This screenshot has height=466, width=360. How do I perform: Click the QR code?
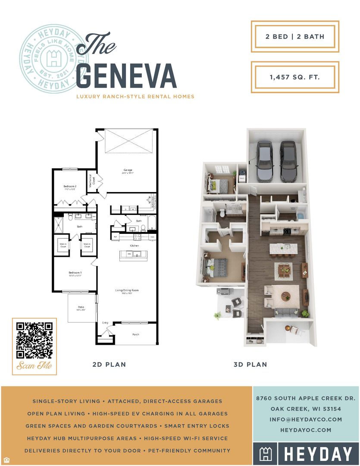click(x=34, y=340)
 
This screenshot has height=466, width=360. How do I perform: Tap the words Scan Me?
click(x=34, y=366)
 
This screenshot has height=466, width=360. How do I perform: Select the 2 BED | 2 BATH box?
click(x=295, y=37)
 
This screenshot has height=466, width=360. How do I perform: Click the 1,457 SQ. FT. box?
click(x=295, y=77)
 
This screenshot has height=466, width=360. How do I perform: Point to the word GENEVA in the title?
click(x=126, y=76)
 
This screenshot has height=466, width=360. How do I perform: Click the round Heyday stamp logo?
click(x=52, y=58)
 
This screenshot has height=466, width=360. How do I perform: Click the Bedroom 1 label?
click(x=75, y=273)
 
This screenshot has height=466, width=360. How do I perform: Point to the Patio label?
click(x=81, y=307)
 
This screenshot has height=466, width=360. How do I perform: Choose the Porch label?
click(x=135, y=334)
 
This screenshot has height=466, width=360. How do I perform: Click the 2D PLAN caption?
click(x=110, y=365)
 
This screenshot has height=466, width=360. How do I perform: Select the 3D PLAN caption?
click(x=250, y=365)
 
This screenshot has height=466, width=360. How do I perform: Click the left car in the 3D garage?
click(x=264, y=160)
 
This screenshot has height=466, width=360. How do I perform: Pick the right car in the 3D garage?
click(x=288, y=161)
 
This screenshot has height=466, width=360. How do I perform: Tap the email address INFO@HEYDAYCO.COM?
click(x=305, y=419)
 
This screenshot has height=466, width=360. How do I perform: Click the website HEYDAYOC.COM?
click(x=305, y=430)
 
